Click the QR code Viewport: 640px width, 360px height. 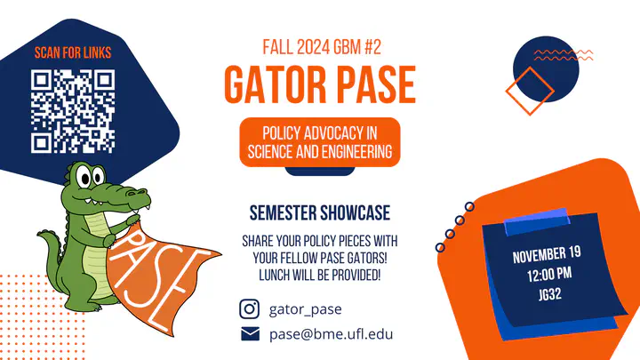coord(73,111)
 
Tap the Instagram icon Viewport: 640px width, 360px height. coord(250,308)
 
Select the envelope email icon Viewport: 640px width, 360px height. coord(250,334)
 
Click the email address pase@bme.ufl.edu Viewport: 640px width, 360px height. coord(331,334)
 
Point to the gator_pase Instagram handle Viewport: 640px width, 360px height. coord(305,309)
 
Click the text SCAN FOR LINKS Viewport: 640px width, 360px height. coord(73,52)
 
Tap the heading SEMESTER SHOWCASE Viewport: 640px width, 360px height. coord(320,213)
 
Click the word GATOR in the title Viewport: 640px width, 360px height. coord(276,84)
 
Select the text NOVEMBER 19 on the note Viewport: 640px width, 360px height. coord(547,255)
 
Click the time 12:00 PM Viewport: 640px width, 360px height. coord(549,275)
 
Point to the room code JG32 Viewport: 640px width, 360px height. coord(550,294)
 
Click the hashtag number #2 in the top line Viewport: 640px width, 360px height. coord(372,47)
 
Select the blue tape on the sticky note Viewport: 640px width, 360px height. coord(537,221)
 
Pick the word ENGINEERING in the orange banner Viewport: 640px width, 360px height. coord(356,152)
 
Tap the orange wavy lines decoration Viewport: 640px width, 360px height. coord(564,55)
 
